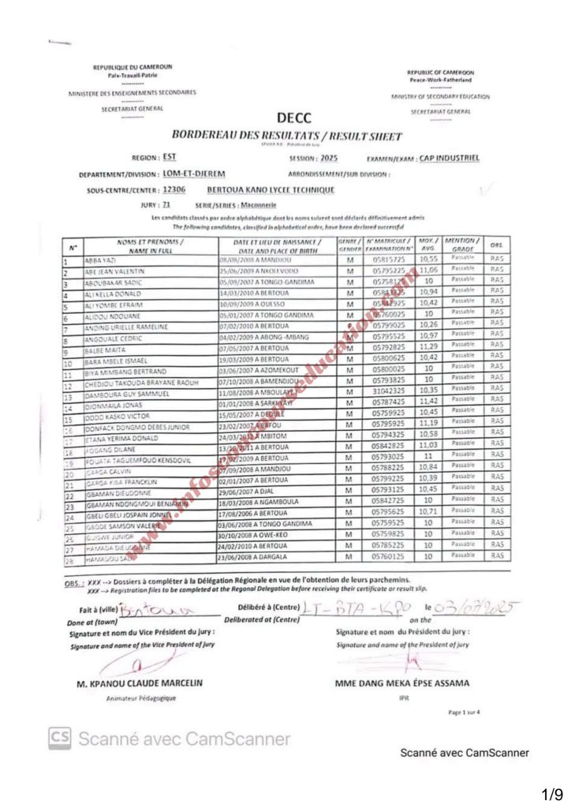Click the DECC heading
[x=294, y=118]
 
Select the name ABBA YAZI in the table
[x=103, y=258]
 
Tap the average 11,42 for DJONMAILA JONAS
[x=427, y=401]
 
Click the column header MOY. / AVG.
[x=427, y=244]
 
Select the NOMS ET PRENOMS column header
[x=150, y=244]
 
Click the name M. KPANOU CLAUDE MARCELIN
[x=140, y=683]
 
